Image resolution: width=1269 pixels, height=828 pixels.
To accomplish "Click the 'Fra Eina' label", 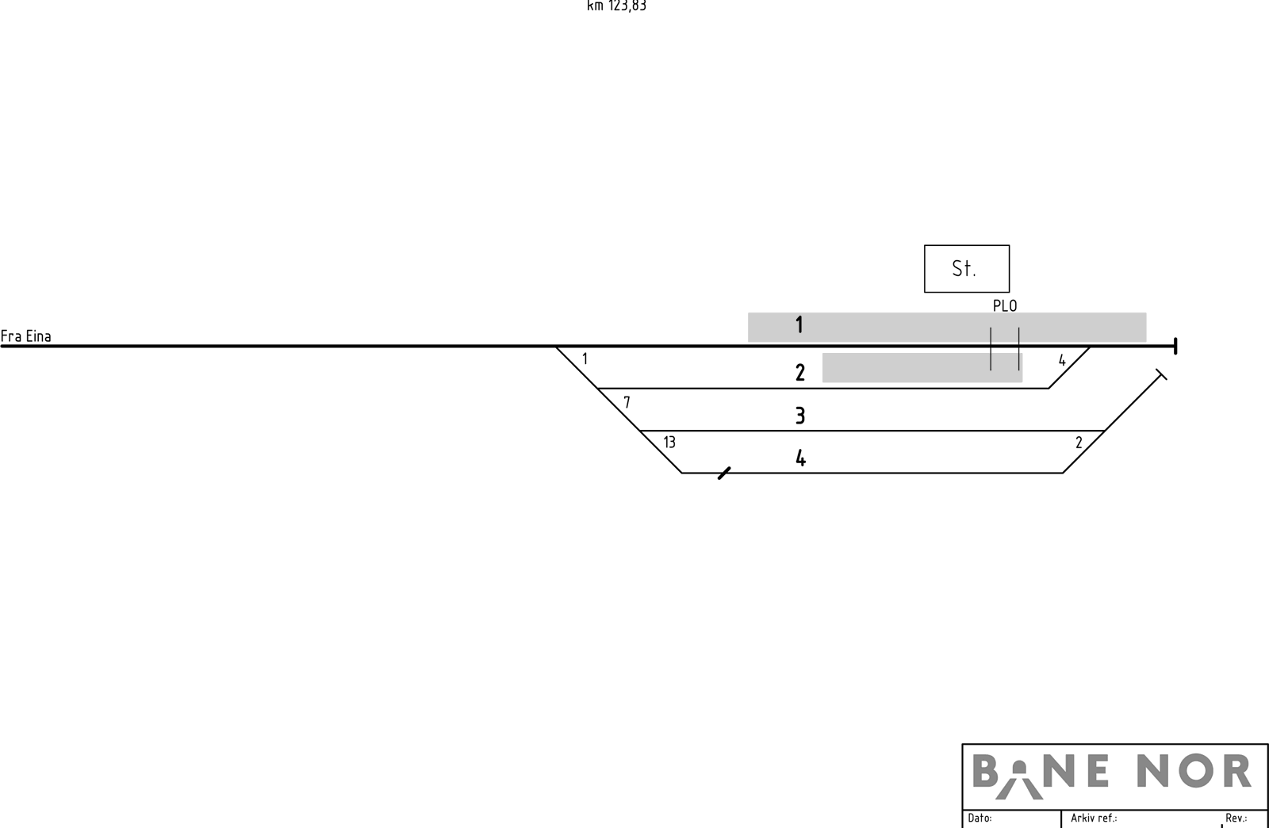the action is [25, 336].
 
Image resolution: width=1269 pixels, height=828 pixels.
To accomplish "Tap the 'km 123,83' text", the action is [616, 6].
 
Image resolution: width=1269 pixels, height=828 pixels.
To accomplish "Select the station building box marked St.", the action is [967, 268].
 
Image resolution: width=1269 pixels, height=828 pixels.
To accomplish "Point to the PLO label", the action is [1005, 306].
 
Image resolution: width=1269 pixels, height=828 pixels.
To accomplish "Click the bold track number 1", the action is [799, 325].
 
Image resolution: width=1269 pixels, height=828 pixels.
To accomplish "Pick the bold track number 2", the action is [800, 373].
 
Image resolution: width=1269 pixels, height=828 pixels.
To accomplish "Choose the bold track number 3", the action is [800, 416].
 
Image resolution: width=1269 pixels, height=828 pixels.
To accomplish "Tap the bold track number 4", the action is [800, 458].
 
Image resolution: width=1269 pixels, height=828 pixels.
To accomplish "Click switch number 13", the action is [669, 443].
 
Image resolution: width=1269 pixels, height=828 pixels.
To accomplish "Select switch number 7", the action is [627, 402].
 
